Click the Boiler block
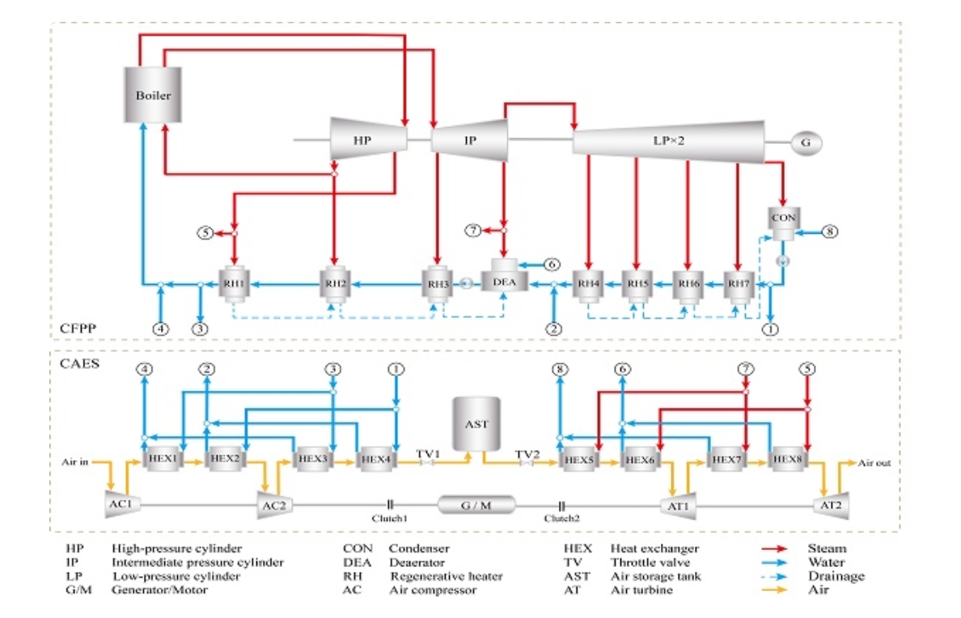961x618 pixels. point(153,95)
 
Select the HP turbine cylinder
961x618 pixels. point(368,139)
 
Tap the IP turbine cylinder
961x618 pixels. point(470,139)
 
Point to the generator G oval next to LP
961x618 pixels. point(806,142)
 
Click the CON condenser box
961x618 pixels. point(783,218)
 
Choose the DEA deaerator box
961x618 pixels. point(505,281)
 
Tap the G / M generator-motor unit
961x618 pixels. point(476,505)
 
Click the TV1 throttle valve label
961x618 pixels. point(427,454)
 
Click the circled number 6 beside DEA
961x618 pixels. point(551,264)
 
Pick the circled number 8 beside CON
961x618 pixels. point(830,231)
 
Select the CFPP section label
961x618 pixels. point(79,328)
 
